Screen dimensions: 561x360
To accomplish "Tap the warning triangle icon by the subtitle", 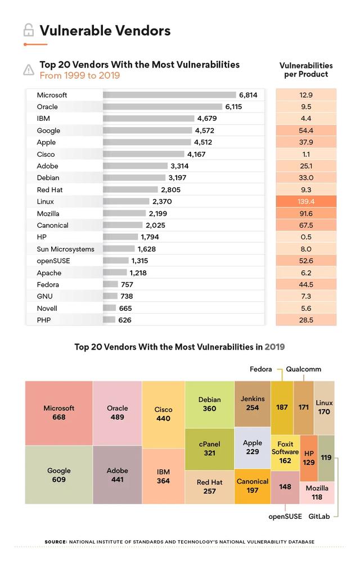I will (x=28, y=70).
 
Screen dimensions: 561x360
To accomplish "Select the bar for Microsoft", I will (x=169, y=95).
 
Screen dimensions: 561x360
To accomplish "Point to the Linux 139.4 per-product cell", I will (x=306, y=201).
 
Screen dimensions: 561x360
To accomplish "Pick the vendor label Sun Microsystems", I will (x=65, y=249).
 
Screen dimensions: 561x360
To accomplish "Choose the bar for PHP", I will (x=109, y=320).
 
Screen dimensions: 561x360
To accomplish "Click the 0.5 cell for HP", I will (x=306, y=237).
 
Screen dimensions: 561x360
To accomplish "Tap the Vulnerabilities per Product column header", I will (x=306, y=70).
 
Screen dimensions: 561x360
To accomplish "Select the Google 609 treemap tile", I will (x=59, y=475).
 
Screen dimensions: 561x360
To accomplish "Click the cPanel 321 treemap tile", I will (x=209, y=449).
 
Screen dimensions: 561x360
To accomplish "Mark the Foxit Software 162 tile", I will (x=285, y=453).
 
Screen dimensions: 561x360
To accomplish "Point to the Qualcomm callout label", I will (x=303, y=369).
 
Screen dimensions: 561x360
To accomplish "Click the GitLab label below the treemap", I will (x=319, y=516).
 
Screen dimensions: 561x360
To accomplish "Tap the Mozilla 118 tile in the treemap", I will (x=317, y=492).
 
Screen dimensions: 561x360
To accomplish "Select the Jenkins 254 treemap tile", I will (x=253, y=404).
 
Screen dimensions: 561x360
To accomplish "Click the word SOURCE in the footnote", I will (x=55, y=542).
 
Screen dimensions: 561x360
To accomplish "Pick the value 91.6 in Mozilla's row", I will (x=306, y=214).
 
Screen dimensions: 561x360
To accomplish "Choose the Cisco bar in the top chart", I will (x=143, y=154).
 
